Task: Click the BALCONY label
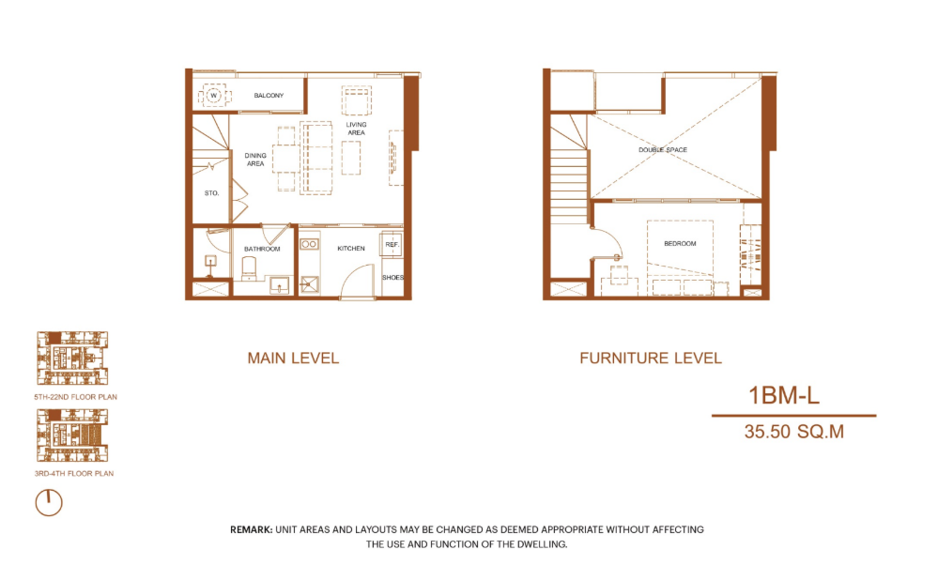click(269, 96)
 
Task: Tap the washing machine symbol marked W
click(213, 96)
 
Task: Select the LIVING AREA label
click(356, 129)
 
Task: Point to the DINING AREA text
click(255, 160)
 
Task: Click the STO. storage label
click(212, 193)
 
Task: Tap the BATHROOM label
click(262, 249)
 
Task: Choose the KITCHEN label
click(351, 248)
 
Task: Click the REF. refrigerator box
click(392, 244)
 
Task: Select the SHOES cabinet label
click(393, 278)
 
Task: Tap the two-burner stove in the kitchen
click(309, 244)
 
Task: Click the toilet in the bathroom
click(249, 268)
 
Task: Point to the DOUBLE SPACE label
click(663, 150)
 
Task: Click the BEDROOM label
click(680, 243)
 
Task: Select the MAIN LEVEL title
click(293, 359)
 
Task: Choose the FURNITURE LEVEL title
click(651, 359)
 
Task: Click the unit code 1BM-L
click(784, 396)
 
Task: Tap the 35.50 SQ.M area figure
click(793, 432)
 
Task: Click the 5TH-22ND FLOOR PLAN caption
click(75, 397)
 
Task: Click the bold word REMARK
click(252, 529)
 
